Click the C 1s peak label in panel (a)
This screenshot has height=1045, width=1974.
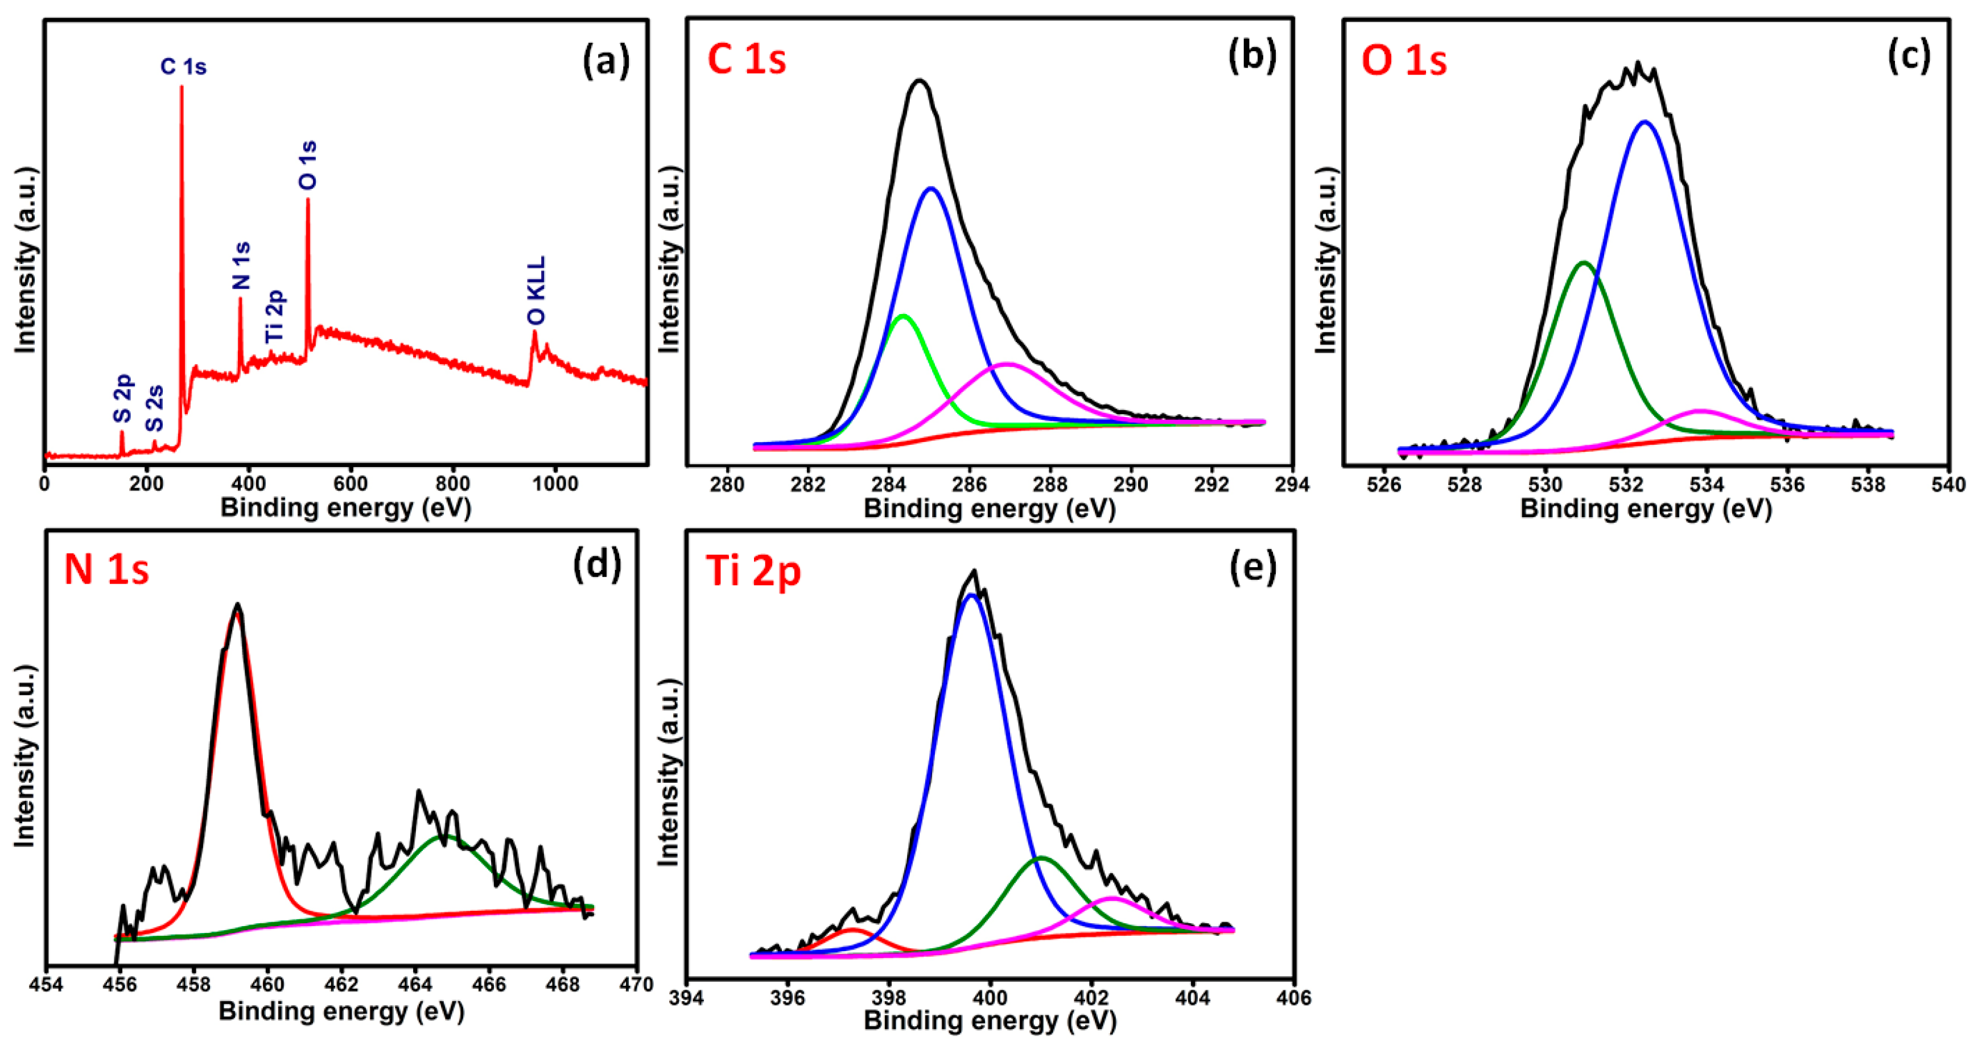[x=183, y=67]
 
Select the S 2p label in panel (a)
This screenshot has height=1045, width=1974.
[x=122, y=398]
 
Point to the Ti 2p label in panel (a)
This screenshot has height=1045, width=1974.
[x=274, y=316]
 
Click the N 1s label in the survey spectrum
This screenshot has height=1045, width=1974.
[x=241, y=266]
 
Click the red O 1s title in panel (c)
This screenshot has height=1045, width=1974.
[x=1403, y=60]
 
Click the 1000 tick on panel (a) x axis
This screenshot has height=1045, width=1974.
[x=555, y=484]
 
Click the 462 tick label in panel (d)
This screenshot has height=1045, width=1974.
[x=342, y=985]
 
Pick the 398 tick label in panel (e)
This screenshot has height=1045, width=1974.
[x=889, y=998]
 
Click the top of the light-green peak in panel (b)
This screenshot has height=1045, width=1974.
[x=904, y=316]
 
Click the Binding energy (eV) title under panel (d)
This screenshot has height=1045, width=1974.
[x=342, y=1011]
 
